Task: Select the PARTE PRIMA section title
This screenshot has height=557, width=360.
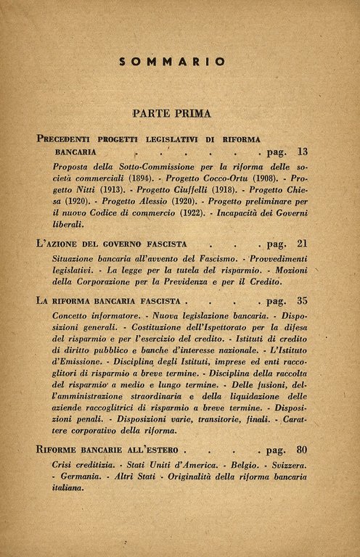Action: (172, 113)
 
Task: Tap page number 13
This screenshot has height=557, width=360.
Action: (303, 152)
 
